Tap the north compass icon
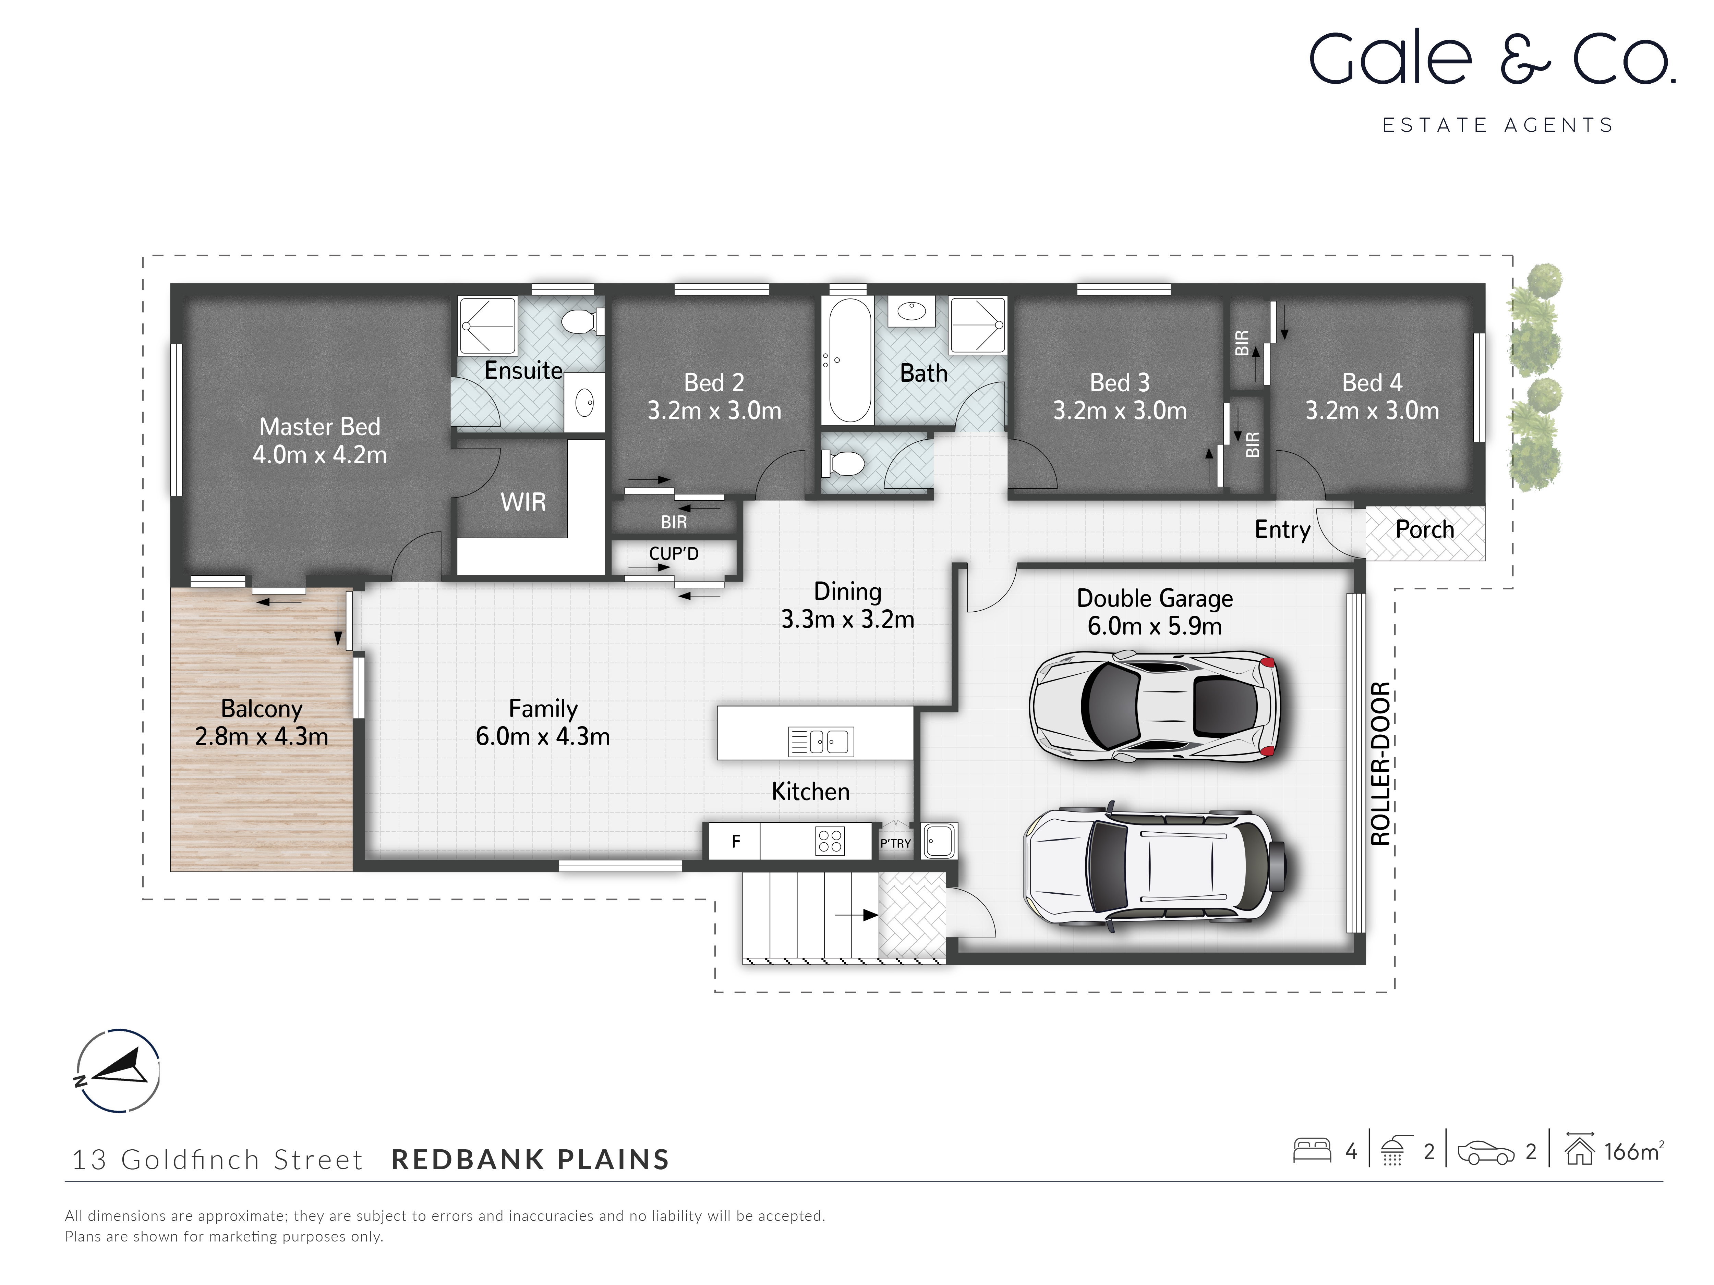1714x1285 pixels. [x=118, y=1071]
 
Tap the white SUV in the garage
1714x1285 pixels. [x=1155, y=865]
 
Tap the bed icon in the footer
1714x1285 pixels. [x=1312, y=1150]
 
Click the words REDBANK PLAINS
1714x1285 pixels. [x=530, y=1160]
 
